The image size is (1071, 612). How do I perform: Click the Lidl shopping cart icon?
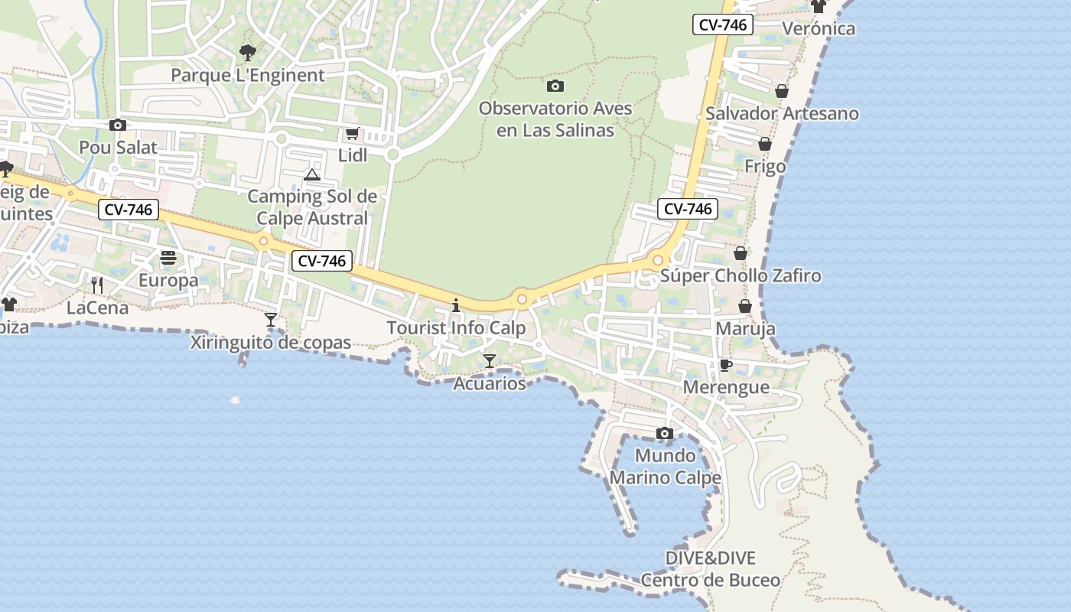(352, 134)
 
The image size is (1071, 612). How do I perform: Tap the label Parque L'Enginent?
(247, 75)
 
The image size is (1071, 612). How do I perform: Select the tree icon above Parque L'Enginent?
(247, 52)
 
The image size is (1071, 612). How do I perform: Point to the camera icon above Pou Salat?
(117, 125)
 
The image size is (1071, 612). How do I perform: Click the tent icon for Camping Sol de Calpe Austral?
(311, 175)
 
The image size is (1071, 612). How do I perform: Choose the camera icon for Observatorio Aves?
(555, 86)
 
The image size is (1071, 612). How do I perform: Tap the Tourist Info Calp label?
(456, 328)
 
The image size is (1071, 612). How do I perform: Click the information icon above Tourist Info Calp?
(456, 306)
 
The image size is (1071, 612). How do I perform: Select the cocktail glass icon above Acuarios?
(490, 360)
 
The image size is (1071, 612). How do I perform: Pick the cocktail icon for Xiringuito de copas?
(270, 319)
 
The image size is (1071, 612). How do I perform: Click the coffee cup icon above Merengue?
(725, 365)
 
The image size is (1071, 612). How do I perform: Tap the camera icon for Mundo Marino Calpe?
(665, 434)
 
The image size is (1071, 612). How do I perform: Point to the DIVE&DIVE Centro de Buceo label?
(711, 568)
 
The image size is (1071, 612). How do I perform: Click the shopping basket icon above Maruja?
(744, 307)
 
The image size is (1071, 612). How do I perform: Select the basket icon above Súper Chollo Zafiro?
(740, 253)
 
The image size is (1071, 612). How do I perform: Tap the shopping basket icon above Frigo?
(764, 145)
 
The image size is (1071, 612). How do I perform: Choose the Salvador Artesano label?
(782, 113)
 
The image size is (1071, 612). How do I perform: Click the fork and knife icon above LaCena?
(97, 285)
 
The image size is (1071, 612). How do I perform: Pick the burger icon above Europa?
(168, 258)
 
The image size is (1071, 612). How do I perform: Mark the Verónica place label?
(819, 28)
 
